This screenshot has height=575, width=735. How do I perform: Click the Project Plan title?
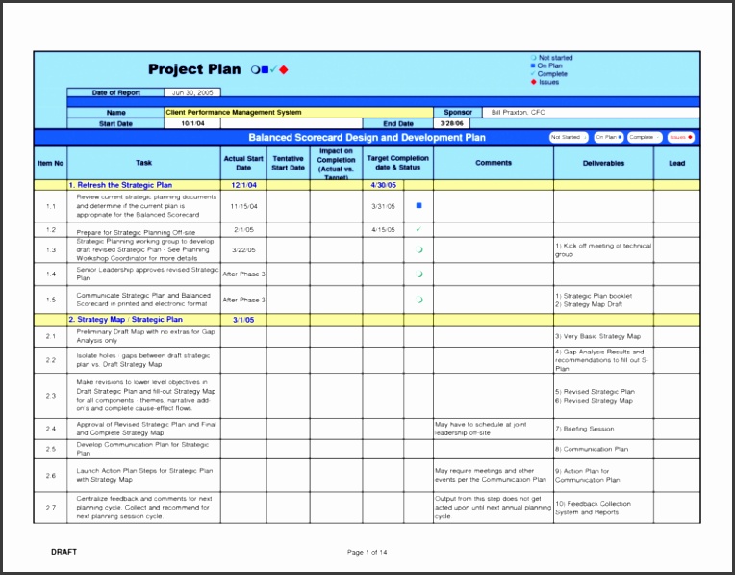click(x=189, y=69)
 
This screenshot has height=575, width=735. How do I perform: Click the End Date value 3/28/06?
click(x=451, y=124)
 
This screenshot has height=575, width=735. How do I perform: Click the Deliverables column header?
click(x=603, y=164)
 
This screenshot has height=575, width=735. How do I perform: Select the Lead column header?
click(x=676, y=164)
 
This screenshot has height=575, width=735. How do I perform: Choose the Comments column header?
click(x=494, y=164)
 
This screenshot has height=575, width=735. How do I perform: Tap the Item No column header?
click(x=50, y=164)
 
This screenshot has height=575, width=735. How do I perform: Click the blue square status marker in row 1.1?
click(x=418, y=205)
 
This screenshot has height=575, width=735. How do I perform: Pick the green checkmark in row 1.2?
click(x=418, y=230)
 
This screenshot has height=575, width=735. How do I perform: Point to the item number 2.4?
click(x=50, y=429)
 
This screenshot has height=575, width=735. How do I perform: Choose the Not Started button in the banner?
click(x=568, y=138)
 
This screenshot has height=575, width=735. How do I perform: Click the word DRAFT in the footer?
click(x=63, y=552)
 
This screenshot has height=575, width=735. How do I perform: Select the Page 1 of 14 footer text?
click(x=367, y=552)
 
